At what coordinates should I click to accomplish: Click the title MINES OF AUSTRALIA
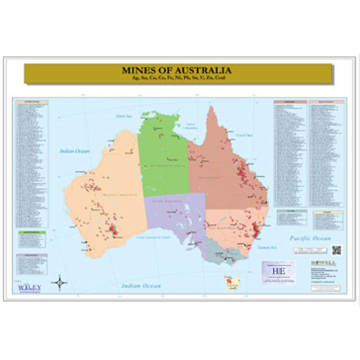tap(177, 70)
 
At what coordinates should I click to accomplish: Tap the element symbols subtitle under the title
tap(177, 78)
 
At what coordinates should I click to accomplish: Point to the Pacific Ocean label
tap(310, 238)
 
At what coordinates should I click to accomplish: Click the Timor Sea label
tap(124, 116)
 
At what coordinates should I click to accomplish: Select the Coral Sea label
tap(244, 136)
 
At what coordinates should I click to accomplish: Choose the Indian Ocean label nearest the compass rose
tap(141, 286)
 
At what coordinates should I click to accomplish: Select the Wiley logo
tap(30, 287)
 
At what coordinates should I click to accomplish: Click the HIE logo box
tap(278, 270)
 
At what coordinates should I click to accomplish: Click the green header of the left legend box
tap(31, 230)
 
